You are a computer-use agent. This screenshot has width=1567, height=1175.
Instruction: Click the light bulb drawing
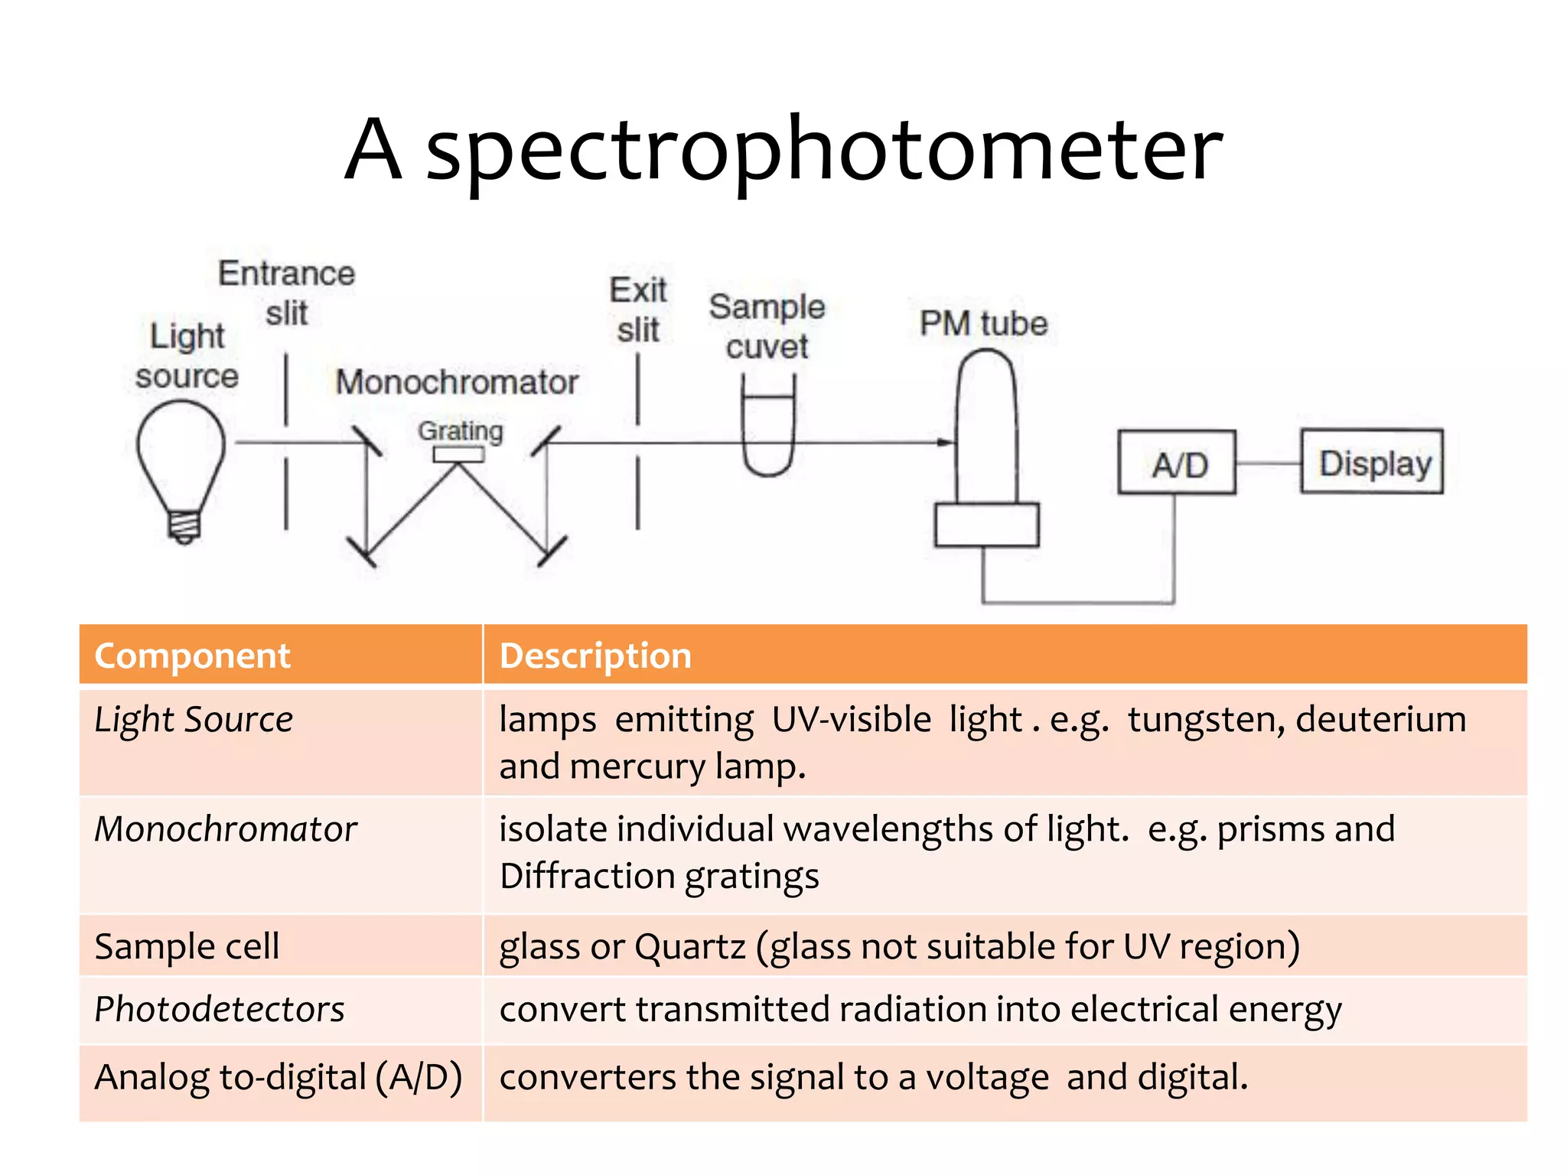click(x=181, y=467)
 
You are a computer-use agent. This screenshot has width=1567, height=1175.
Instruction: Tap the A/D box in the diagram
click(x=1177, y=463)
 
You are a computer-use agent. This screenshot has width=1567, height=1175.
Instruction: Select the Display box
click(x=1372, y=462)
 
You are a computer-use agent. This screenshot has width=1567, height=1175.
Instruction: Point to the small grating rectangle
click(x=458, y=454)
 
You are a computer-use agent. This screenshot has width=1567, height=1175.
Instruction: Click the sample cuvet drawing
click(x=768, y=432)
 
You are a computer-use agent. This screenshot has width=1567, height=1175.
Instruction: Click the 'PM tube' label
click(x=983, y=324)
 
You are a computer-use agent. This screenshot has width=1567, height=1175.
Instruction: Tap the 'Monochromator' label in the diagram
click(x=457, y=382)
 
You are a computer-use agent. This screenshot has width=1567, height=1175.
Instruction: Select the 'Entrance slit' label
click(x=287, y=293)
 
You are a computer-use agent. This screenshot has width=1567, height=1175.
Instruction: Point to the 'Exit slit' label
click(x=638, y=310)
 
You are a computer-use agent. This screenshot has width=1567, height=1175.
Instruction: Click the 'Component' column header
click(x=192, y=656)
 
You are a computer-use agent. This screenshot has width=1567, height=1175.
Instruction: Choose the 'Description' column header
click(x=595, y=656)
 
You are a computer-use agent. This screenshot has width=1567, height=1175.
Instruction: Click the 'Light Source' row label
click(x=194, y=720)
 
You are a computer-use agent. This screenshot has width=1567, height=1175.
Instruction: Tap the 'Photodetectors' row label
click(x=220, y=1009)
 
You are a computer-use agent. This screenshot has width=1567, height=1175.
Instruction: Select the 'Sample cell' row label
click(x=187, y=946)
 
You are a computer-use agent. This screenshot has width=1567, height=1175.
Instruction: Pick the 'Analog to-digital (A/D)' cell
click(x=279, y=1077)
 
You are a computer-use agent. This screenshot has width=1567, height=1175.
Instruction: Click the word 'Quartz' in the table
click(x=689, y=946)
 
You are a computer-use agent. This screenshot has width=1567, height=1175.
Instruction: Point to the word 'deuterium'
click(x=1381, y=719)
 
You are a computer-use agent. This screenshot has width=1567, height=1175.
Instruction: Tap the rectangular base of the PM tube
click(x=986, y=525)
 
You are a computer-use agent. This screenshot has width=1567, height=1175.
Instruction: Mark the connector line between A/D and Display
click(x=1268, y=463)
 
